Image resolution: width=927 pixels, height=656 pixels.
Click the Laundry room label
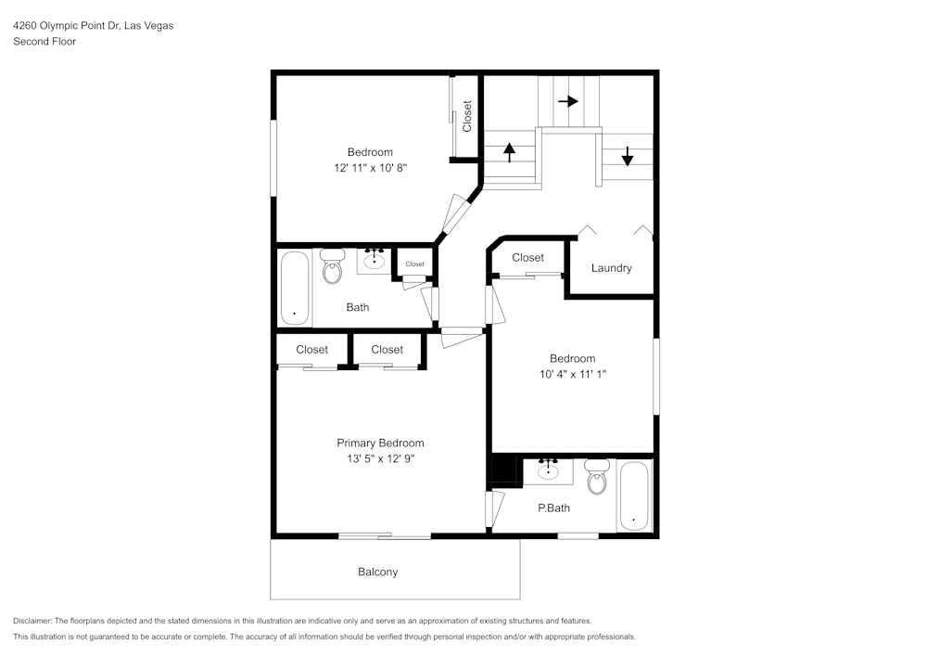[611, 268]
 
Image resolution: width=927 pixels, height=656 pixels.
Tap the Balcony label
[378, 572]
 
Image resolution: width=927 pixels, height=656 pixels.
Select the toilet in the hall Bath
[332, 266]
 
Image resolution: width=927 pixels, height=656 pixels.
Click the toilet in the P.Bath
[597, 477]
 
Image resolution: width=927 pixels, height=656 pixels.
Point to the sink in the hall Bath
[375, 261]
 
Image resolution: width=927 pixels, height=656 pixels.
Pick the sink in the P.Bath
[549, 470]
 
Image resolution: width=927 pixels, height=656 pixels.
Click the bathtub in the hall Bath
[295, 288]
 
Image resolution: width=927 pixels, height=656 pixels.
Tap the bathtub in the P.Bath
[634, 496]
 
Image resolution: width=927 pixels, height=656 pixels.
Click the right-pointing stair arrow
[568, 101]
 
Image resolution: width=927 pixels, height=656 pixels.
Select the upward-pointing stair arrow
[509, 152]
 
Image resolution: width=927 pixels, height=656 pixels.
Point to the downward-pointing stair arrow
[628, 156]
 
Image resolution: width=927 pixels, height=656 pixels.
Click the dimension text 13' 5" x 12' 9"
[381, 458]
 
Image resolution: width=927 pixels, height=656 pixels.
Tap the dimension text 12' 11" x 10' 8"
[370, 167]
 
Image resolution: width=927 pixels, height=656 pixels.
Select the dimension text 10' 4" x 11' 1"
[573, 374]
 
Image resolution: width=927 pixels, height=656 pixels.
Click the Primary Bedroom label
[380, 443]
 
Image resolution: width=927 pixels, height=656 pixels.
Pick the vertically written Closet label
[467, 117]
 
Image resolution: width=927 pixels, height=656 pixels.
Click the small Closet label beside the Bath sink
[415, 264]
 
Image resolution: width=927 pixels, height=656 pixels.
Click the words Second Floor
[44, 42]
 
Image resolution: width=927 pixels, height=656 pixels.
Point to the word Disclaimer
[32, 621]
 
